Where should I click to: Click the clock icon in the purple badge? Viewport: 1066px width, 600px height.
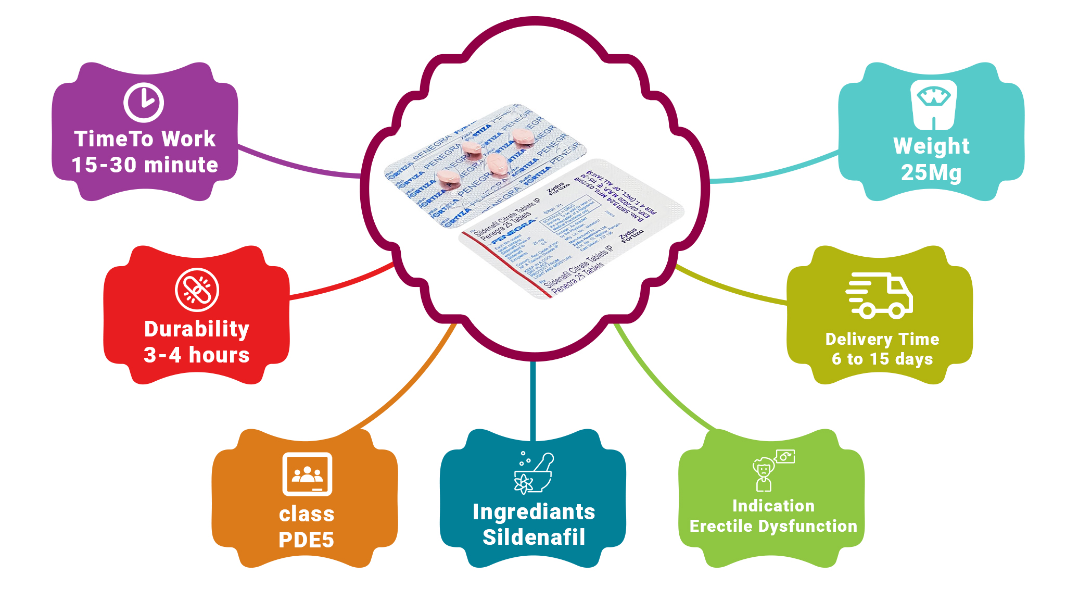144,102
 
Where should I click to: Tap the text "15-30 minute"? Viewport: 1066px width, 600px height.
145,165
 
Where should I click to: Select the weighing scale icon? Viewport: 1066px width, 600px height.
933,104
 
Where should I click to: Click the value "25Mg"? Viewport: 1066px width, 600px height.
931,173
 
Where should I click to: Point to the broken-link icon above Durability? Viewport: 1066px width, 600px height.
197,290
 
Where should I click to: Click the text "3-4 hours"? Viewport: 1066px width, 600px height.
197,355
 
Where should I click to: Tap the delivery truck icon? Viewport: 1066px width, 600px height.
879,295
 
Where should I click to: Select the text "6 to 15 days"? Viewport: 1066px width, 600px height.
882,359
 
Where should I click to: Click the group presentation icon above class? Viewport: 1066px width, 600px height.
307,474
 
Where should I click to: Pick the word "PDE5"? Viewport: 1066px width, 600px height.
306,540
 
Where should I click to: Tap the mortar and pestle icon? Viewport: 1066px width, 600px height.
534,472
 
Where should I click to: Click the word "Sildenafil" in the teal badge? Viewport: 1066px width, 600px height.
534,537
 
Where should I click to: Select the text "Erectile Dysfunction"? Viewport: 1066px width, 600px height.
773,527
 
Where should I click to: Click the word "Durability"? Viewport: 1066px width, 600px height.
197,329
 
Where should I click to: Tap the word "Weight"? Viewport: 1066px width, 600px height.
931,146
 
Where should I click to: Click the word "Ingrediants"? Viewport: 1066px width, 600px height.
534,512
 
